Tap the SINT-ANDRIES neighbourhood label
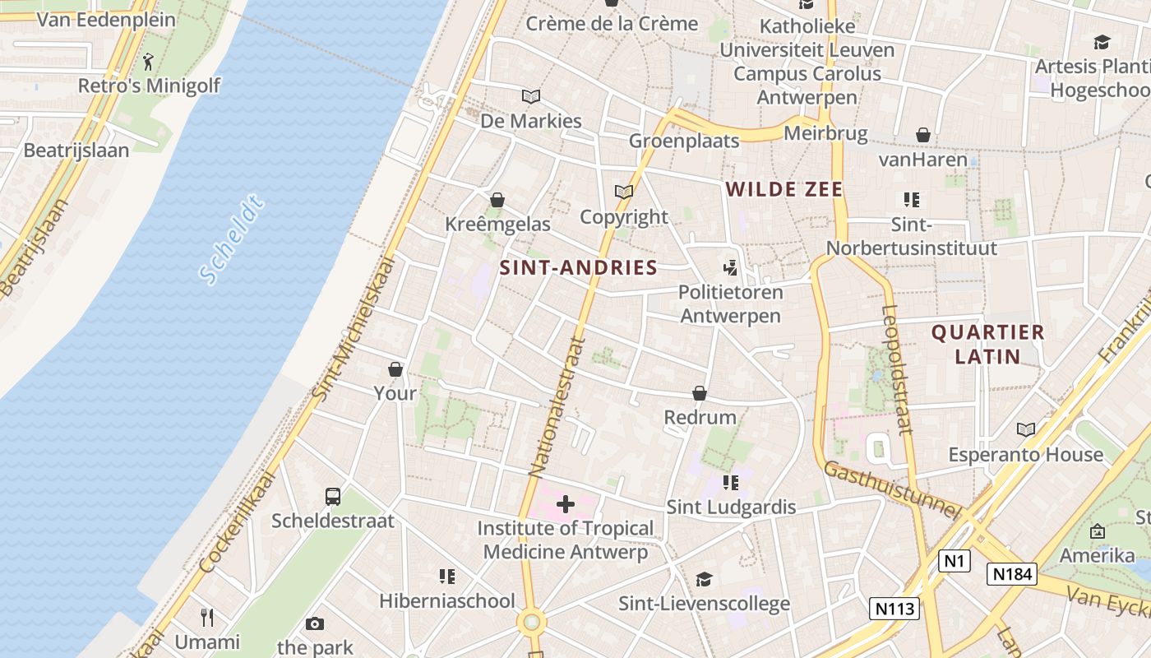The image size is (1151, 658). point(579,267)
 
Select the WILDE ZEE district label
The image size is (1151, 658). point(784,190)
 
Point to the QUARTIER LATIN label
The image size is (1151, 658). point(987,345)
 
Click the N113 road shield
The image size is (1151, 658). point(894,609)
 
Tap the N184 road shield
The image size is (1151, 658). point(1012,574)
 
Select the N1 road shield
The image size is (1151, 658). point(954,561)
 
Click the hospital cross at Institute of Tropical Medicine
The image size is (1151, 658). point(566,503)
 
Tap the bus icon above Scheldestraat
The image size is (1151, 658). point(333,496)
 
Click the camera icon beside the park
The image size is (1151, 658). point(315,623)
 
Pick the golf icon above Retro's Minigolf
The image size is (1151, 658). point(149,61)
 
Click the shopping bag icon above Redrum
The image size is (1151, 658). point(700,393)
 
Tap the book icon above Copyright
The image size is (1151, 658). point(624,192)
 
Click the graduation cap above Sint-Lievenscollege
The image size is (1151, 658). point(704,579)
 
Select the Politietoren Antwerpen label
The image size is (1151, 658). point(730,304)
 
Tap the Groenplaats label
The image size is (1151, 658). point(684,141)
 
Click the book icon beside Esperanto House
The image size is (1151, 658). point(1025,429)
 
